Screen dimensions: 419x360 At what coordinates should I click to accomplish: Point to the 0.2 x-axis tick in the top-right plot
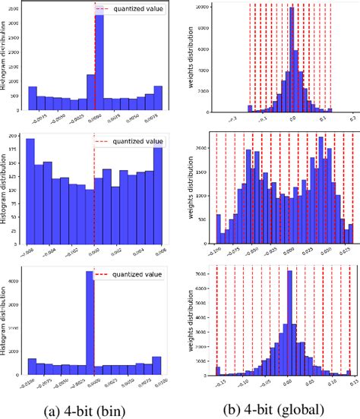coord(353,120)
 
